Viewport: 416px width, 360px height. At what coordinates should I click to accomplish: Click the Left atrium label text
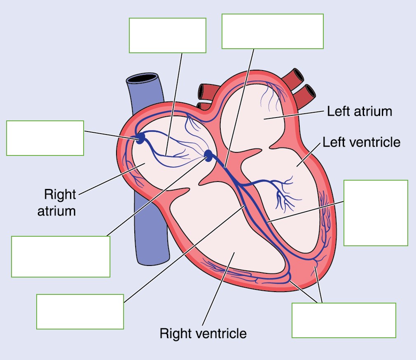coord(359,111)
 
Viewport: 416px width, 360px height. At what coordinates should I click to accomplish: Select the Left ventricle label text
coord(361,142)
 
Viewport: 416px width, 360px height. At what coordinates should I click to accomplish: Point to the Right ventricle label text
coord(203,333)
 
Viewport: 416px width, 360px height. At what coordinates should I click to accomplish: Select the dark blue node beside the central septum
coord(208,155)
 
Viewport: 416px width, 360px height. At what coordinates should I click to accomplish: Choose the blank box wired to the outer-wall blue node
coord(45,138)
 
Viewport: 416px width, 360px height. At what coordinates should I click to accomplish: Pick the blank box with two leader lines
coord(344,320)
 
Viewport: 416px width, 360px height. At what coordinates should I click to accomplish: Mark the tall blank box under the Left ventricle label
coord(375,213)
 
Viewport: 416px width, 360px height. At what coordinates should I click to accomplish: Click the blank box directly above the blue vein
coord(167,35)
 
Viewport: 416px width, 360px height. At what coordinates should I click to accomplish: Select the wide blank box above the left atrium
coord(272,31)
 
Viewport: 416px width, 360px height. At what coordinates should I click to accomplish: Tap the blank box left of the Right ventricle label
coord(80,311)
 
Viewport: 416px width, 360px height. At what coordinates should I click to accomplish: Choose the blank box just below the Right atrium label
coord(61,256)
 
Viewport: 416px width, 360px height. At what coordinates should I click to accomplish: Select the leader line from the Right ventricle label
coord(216,289)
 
